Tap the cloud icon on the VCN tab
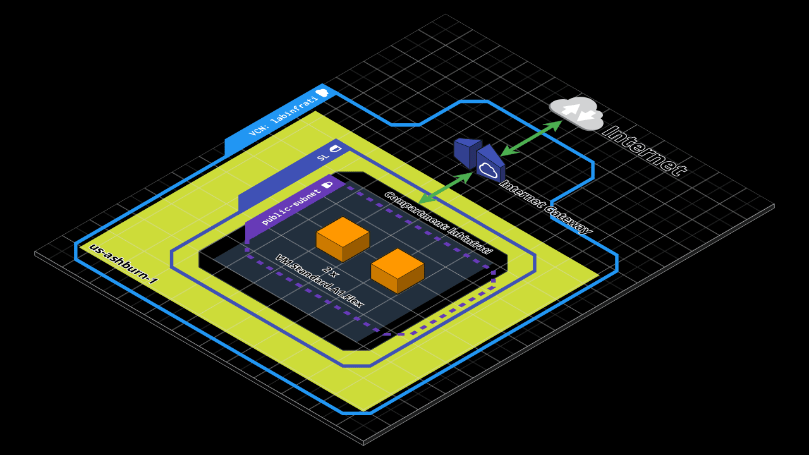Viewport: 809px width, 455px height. coord(322,93)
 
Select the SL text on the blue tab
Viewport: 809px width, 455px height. coord(322,156)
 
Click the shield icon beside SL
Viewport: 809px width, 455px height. coord(336,149)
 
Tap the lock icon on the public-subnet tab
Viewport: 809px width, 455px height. coord(327,185)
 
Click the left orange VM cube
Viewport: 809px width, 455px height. coord(343,239)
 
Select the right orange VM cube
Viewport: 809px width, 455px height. coord(398,270)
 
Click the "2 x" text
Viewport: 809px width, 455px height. coord(330,272)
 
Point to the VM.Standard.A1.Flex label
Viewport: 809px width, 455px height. coord(319,281)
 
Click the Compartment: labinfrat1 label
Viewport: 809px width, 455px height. coord(437,223)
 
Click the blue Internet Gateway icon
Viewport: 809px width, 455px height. coord(480,161)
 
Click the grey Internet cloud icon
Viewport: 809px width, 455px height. coord(576,113)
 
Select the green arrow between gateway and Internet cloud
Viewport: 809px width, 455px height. coord(531,138)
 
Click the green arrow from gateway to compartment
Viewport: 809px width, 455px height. coord(445,188)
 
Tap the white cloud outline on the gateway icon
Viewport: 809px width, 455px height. coord(489,170)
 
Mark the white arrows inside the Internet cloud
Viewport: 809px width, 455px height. coord(579,112)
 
